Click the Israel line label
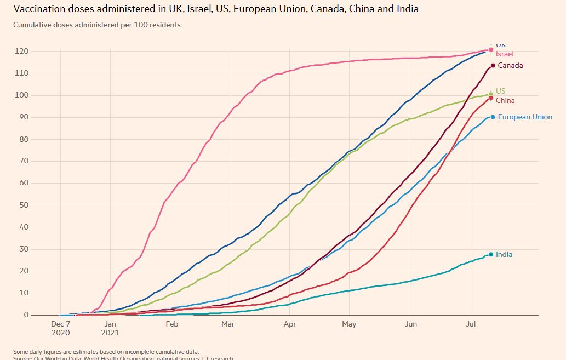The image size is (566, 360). [505, 54]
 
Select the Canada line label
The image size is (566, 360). [510, 65]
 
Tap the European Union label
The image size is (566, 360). [525, 117]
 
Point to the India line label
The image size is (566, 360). [504, 254]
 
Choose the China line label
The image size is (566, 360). [505, 100]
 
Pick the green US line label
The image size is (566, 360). [500, 91]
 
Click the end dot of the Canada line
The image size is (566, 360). [493, 66]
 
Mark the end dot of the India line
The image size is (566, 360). [491, 254]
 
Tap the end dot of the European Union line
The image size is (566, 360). [493, 117]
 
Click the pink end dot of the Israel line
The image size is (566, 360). [491, 50]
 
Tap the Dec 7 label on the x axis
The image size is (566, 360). [60, 324]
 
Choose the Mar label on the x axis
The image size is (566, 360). [227, 324]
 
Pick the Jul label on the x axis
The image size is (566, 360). [471, 324]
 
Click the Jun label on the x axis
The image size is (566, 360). [410, 324]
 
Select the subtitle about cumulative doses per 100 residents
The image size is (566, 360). [96, 25]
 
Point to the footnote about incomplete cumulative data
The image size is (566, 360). [106, 351]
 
